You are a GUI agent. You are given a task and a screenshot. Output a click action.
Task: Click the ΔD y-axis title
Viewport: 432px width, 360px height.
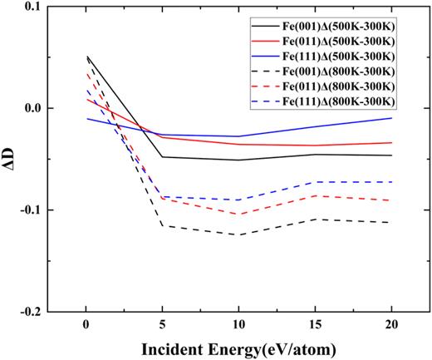pyautogui.click(x=9, y=158)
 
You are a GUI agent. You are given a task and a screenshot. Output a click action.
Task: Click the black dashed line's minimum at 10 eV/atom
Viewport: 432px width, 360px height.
pyautogui.click(x=238, y=234)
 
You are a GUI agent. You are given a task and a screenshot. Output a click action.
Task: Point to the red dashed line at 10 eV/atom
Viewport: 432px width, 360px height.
pyautogui.click(x=238, y=215)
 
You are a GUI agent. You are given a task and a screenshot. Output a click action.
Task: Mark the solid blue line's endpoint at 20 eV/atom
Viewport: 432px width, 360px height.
pyautogui.click(x=391, y=118)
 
